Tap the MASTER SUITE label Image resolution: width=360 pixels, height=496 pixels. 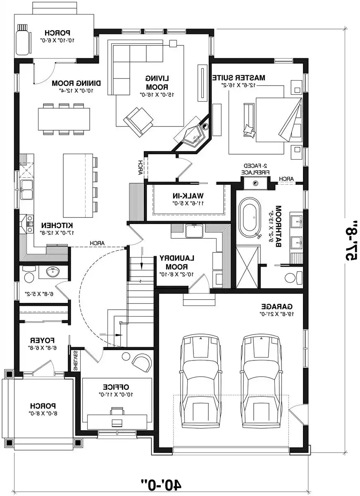238,77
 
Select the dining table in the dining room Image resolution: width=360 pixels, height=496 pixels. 64,119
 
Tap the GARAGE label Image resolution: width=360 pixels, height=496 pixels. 277,306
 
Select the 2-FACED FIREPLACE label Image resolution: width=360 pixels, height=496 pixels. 256,168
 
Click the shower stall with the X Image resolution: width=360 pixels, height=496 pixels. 248,267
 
